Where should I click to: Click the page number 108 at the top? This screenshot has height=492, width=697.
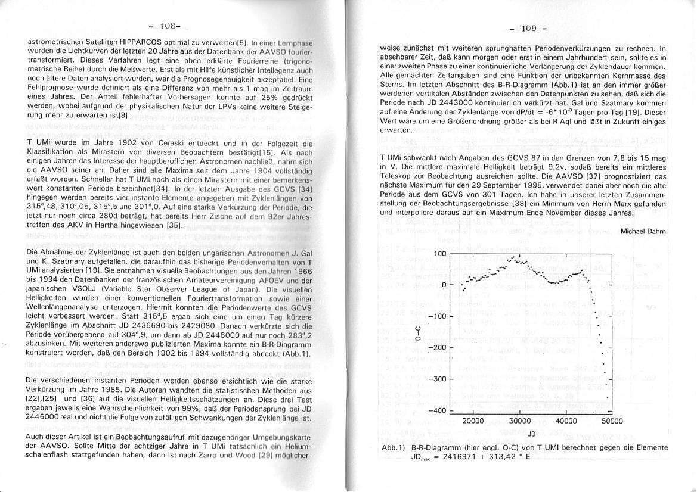[169, 26]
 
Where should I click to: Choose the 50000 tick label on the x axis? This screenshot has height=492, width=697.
[612, 421]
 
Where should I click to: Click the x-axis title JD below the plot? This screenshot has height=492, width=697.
[531, 434]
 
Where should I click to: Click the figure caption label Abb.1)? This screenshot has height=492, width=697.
[394, 447]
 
